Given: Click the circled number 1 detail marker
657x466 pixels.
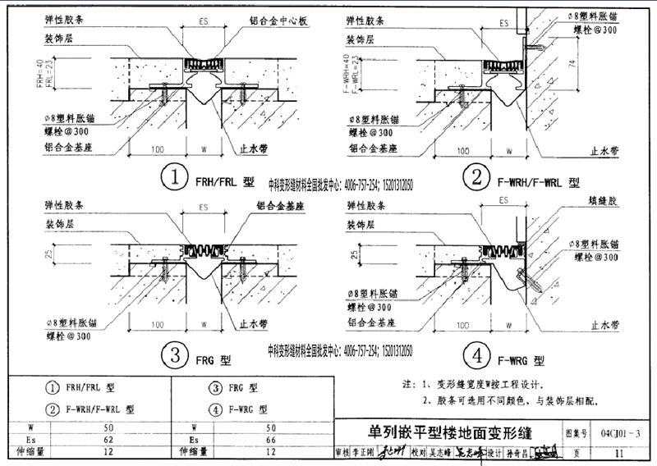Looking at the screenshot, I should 173,176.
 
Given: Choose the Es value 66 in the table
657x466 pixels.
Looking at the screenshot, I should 271,440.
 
